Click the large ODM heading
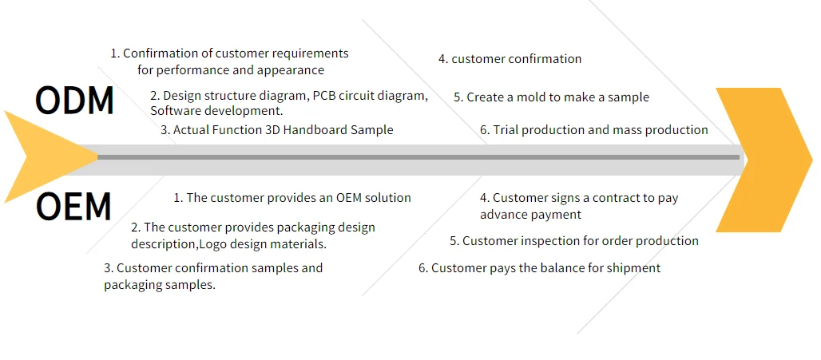(x=75, y=101)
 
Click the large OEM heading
(x=73, y=207)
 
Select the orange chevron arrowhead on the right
(x=763, y=160)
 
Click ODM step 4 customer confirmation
(x=510, y=59)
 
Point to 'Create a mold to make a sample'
(x=551, y=97)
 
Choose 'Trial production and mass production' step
(x=594, y=130)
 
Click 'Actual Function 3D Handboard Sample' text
(x=277, y=130)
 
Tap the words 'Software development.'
(x=216, y=111)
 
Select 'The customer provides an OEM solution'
(x=292, y=198)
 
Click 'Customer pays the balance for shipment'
(x=539, y=268)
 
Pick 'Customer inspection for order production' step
(x=574, y=241)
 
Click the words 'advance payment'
(x=530, y=215)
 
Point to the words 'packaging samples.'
(x=160, y=285)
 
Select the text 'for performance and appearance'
(x=231, y=70)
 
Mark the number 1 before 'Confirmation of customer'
(x=114, y=53)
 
